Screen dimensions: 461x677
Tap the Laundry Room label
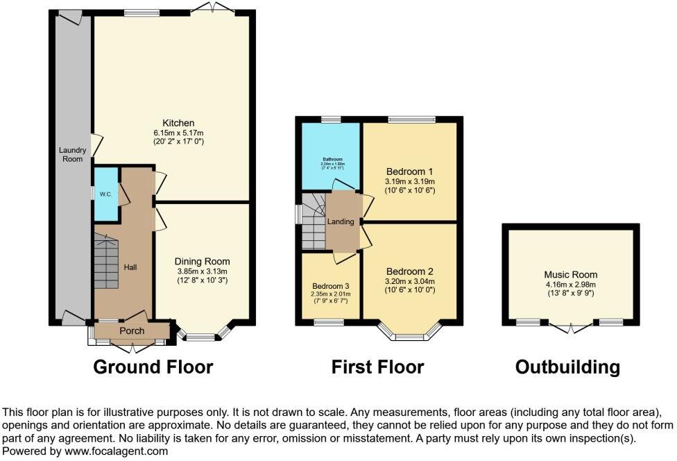(x=71, y=154)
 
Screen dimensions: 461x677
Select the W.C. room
(x=106, y=194)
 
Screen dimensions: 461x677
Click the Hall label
(x=130, y=266)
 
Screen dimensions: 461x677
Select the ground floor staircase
(x=107, y=262)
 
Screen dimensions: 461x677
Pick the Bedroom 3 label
(x=330, y=285)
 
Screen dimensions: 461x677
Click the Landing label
(x=342, y=222)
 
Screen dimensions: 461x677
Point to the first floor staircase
(x=314, y=221)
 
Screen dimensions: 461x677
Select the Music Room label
(x=570, y=275)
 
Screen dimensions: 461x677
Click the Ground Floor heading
(x=153, y=367)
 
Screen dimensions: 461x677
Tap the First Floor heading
(x=377, y=367)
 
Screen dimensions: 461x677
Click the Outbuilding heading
(x=567, y=367)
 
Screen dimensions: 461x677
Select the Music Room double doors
(x=570, y=326)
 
